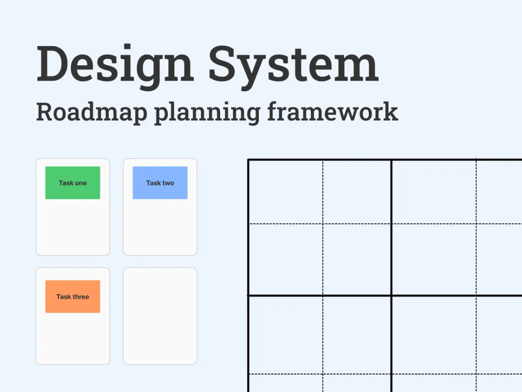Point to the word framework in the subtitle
point(332,112)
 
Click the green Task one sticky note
point(73,183)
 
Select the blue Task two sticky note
point(160,183)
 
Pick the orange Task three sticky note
point(73,297)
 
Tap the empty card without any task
point(160,316)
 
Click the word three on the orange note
point(80,297)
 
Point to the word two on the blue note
point(168,183)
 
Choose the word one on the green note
point(80,183)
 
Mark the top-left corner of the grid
point(248,160)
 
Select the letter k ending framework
point(391,112)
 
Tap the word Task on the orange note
point(63,297)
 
